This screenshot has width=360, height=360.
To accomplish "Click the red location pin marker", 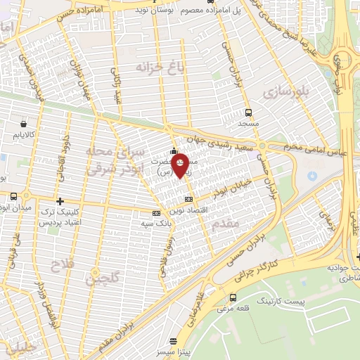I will [181, 165].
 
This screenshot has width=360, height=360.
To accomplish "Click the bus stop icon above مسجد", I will [248, 112].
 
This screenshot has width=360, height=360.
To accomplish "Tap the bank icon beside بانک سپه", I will [156, 213].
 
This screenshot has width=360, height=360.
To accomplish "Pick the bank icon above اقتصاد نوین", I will [188, 200].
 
